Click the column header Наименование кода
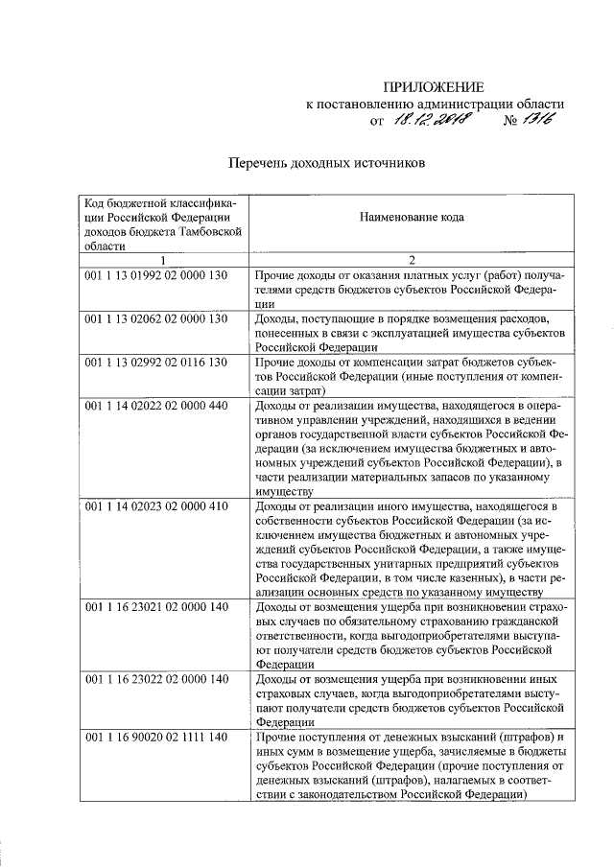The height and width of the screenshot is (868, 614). pyautogui.click(x=412, y=218)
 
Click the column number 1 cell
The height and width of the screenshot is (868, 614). pyautogui.click(x=162, y=260)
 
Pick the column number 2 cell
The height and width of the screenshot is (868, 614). pyautogui.click(x=412, y=260)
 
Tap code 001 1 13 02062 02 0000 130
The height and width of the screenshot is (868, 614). pyautogui.click(x=155, y=318)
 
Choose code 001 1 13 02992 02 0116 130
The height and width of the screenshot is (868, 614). pyautogui.click(x=155, y=361)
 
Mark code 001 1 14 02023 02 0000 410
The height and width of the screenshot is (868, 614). pyautogui.click(x=155, y=504)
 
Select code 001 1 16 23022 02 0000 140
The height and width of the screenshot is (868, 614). pyautogui.click(x=155, y=679)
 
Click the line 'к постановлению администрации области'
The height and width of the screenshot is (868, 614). pyautogui.click(x=435, y=104)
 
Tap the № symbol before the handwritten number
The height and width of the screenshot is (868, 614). pyautogui.click(x=509, y=122)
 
